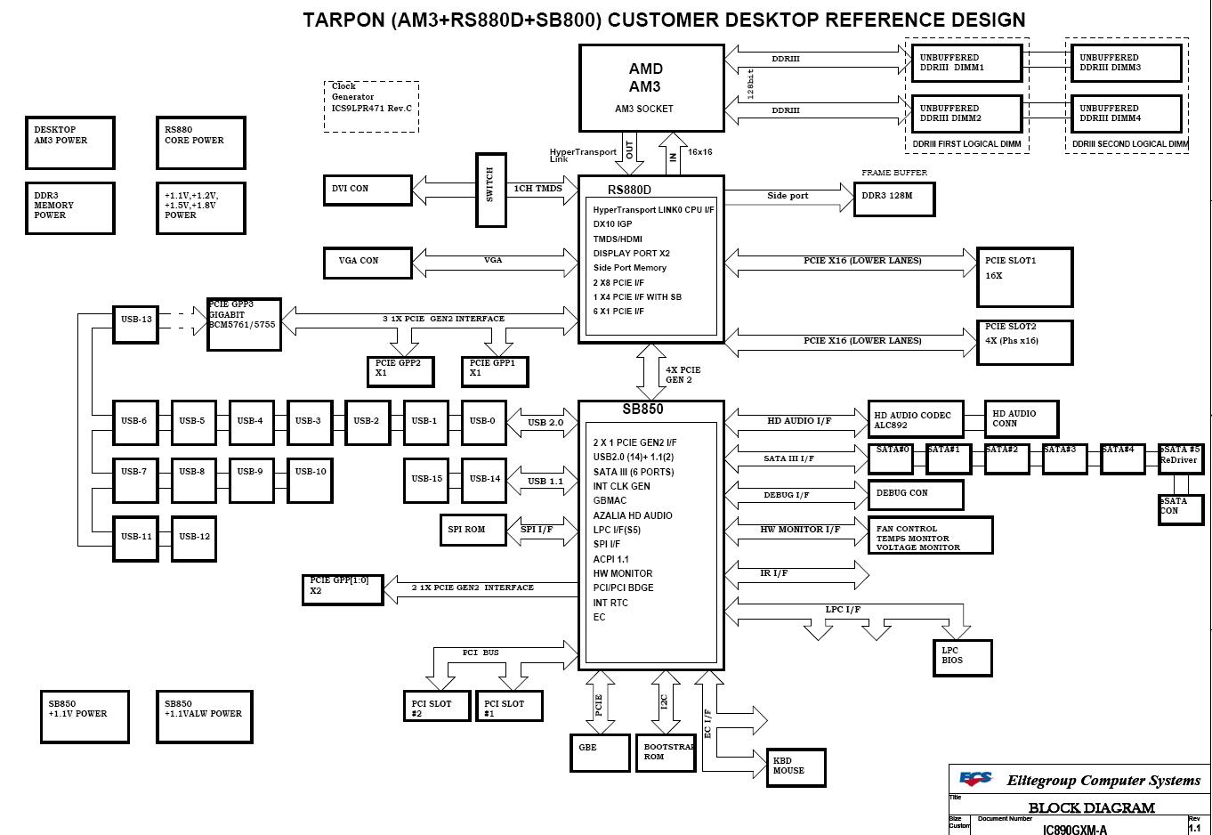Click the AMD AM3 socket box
click(x=651, y=87)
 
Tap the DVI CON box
click(x=367, y=189)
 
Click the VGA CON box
click(x=367, y=261)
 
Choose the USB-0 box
click(x=483, y=422)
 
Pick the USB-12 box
click(x=194, y=537)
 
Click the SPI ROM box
click(x=473, y=530)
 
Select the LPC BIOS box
click(x=961, y=656)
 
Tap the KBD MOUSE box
click(x=796, y=766)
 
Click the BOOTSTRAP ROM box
click(x=665, y=752)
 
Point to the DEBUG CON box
click(x=916, y=495)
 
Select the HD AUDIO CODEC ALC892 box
click(x=916, y=420)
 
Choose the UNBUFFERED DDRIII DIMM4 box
click(x=1126, y=114)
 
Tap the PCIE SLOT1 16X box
click(x=1024, y=276)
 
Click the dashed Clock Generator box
click(x=371, y=106)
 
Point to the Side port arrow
click(x=788, y=196)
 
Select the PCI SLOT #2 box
click(x=435, y=706)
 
